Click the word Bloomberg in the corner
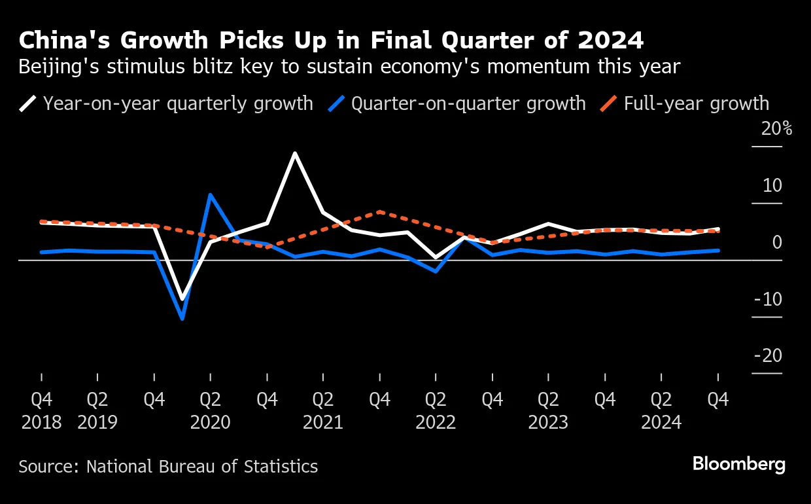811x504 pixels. pyautogui.click(x=739, y=465)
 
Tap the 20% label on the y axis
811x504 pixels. pyautogui.click(x=776, y=129)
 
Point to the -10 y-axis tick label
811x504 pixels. pyautogui.click(x=768, y=299)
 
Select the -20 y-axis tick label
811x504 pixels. pyautogui.click(x=768, y=355)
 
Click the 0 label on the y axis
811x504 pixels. pyautogui.click(x=777, y=242)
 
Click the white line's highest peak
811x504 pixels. pyautogui.click(x=295, y=153)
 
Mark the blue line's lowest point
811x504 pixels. pyautogui.click(x=182, y=319)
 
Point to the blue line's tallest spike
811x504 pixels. pyautogui.click(x=210, y=194)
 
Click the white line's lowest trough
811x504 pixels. pyautogui.click(x=182, y=299)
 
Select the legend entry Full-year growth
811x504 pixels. pyautogui.click(x=696, y=103)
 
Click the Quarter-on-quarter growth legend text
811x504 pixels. pyautogui.click(x=468, y=103)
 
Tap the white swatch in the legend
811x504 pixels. pyautogui.click(x=28, y=103)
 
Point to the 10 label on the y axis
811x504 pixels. pyautogui.click(x=772, y=185)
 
